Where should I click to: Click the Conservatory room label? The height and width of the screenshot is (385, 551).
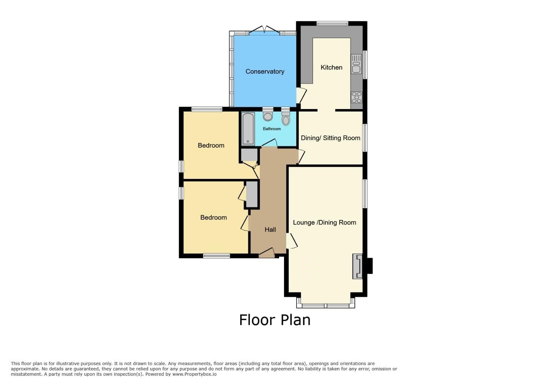coord(265,72)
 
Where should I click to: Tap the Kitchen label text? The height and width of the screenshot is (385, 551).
coord(331,67)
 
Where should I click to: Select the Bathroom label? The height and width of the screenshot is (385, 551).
coord(272,129)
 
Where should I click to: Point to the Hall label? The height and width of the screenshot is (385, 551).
coord(270,230)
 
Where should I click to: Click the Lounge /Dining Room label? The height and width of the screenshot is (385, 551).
coord(324,222)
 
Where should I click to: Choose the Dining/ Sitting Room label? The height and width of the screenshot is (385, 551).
coord(330,138)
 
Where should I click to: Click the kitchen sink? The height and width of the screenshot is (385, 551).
coord(356,64)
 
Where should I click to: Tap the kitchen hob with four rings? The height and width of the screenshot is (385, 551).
coord(357,97)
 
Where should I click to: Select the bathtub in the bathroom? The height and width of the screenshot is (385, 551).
coord(248,129)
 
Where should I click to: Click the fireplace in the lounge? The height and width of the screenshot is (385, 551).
coord(358,266)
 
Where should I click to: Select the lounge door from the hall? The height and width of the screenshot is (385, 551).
coord(292,241)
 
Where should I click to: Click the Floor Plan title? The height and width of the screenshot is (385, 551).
coord(275,320)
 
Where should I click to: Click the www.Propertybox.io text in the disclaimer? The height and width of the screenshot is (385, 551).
coord(194,374)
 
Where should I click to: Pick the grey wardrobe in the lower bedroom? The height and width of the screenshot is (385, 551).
coord(252,195)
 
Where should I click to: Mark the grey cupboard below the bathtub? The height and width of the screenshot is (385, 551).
coord(249,155)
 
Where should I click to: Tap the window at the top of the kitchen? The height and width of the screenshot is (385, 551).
coord(332,24)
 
